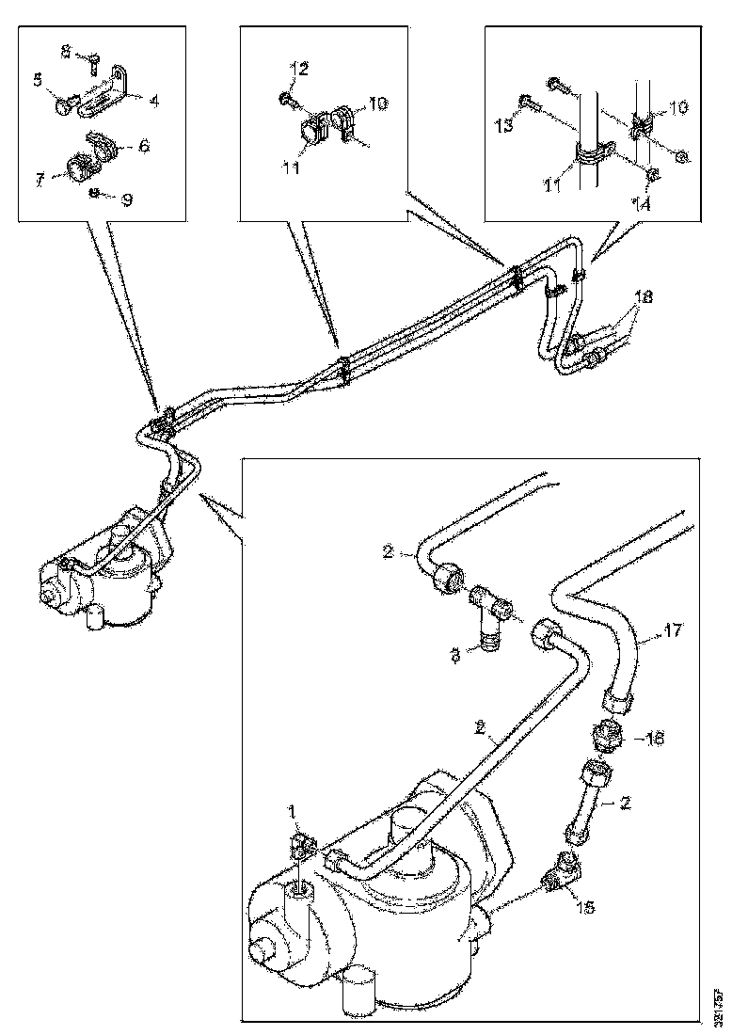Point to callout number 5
[38, 81]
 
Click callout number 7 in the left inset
[39, 177]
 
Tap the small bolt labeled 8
[95, 62]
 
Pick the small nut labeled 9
[96, 194]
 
